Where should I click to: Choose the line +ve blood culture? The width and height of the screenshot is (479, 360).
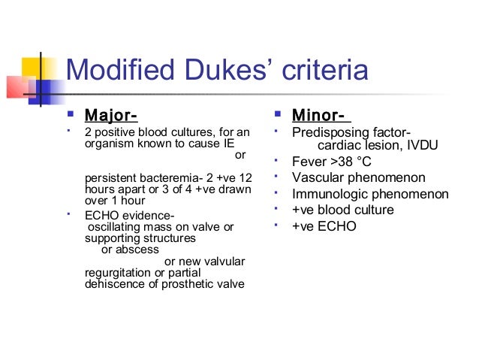[x=343, y=210]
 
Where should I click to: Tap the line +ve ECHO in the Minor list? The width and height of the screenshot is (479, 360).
[x=324, y=226]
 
